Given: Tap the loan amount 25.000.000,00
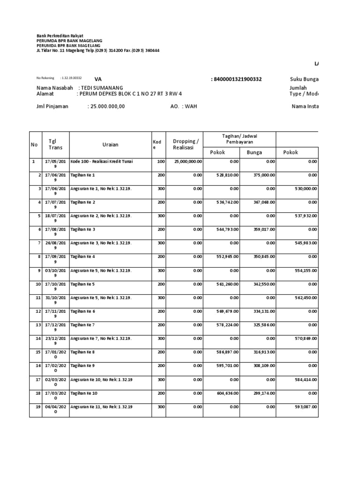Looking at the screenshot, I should (107, 106).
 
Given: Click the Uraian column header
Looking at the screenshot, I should (110, 144).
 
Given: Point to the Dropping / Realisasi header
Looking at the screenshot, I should (186, 144).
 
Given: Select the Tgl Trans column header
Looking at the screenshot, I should (55, 144).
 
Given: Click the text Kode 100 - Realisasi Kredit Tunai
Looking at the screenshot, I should (101, 162).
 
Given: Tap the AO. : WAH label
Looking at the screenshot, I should (183, 106).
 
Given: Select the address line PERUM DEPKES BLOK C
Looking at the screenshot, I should (130, 94).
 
